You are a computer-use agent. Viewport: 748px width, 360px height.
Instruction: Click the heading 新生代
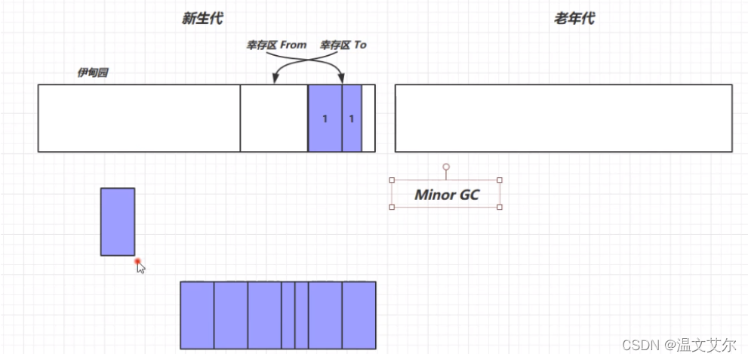point(202,19)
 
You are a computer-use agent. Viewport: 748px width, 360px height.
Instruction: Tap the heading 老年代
point(574,19)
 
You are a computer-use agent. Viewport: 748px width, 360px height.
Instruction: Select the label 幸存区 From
point(276,45)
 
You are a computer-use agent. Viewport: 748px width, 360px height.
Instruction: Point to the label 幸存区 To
point(343,45)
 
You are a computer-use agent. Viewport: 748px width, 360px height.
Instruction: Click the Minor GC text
point(446,195)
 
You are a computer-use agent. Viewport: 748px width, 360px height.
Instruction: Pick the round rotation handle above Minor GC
point(446,166)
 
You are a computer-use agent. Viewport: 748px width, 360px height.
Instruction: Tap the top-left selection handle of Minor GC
point(392,180)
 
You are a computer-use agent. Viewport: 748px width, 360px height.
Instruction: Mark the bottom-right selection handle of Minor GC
point(500,207)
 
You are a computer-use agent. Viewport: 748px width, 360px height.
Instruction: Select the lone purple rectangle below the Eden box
point(118,222)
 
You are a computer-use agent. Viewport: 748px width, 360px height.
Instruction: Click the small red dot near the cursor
point(138,262)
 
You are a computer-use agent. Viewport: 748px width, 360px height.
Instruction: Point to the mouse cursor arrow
point(141,268)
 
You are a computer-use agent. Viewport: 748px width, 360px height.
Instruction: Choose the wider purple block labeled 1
point(325,118)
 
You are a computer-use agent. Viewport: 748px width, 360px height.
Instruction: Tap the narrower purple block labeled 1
point(352,118)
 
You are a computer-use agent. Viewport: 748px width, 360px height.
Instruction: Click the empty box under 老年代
point(563,118)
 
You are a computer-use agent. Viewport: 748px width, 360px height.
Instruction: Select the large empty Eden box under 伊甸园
point(139,118)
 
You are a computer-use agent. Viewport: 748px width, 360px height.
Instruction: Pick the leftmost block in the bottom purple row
point(197,315)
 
